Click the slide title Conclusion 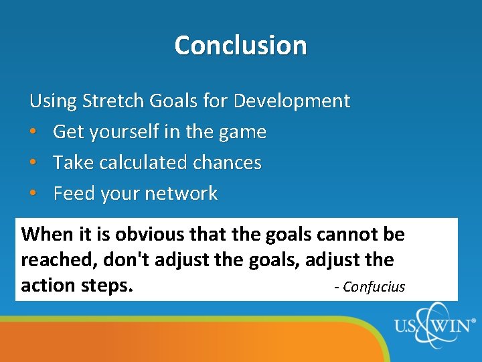coord(240,46)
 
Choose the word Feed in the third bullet coord(74,194)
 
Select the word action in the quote coord(48,286)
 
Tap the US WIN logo coord(434,328)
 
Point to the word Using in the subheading coord(53,102)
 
